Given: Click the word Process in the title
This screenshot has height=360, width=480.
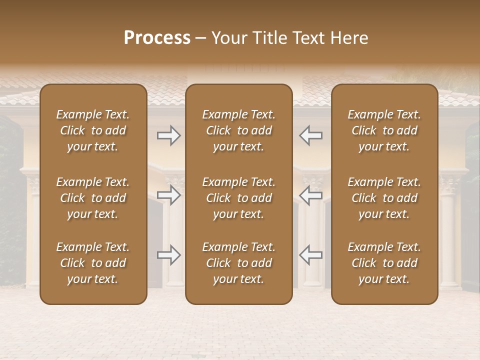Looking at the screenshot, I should (157, 38).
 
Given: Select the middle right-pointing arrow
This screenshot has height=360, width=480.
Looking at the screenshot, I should (168, 195).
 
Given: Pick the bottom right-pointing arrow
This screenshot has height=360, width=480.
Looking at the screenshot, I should (168, 255).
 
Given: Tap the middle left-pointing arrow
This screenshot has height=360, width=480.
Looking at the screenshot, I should (311, 195).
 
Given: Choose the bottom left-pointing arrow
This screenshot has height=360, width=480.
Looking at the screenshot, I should (311, 255).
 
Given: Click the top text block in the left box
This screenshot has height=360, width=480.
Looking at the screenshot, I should (93, 130).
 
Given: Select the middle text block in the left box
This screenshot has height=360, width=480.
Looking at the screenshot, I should (93, 198).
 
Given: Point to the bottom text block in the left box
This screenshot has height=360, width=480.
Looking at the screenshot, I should (93, 263).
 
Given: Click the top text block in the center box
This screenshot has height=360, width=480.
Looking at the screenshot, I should (239, 130).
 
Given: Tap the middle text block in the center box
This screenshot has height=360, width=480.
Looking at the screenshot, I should (239, 198).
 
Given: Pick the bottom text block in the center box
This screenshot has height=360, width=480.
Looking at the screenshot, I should (239, 263).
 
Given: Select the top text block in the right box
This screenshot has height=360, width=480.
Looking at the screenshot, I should (384, 130).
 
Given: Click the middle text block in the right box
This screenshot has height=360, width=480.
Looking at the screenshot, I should (384, 198).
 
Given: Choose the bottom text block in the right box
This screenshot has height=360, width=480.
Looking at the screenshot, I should (384, 263).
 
